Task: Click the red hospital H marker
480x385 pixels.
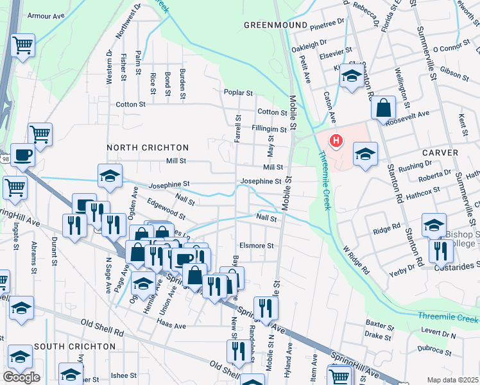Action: point(335,141)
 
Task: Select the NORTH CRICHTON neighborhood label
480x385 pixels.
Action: point(148,148)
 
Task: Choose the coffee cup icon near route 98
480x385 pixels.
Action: point(23,155)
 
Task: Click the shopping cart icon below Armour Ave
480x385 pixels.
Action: point(23,45)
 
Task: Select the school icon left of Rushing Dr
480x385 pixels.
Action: point(365,153)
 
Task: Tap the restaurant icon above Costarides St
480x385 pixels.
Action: point(440,250)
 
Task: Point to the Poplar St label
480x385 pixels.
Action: point(236,92)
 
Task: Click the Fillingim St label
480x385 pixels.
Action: point(269,129)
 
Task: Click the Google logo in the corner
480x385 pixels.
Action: point(21,377)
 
